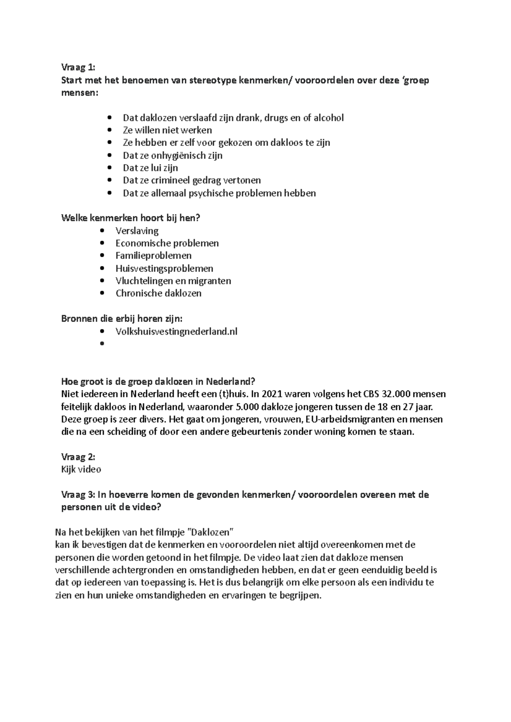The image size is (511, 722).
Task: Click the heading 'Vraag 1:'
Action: [x=78, y=68]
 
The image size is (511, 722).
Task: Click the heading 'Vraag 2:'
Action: [x=78, y=457]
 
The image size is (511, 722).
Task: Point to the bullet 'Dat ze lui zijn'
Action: [x=150, y=168]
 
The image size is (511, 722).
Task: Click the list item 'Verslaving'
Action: [x=137, y=231]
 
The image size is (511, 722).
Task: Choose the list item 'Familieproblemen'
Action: [x=153, y=256]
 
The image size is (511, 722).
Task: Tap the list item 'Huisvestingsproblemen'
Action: [x=164, y=268]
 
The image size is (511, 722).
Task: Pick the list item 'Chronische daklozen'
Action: [x=158, y=293]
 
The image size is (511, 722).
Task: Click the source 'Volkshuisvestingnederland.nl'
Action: [x=176, y=331]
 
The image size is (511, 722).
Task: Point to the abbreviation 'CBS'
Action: [x=365, y=394]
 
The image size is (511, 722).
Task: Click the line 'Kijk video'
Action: [x=81, y=469]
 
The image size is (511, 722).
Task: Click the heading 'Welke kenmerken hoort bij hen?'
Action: [x=131, y=218]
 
